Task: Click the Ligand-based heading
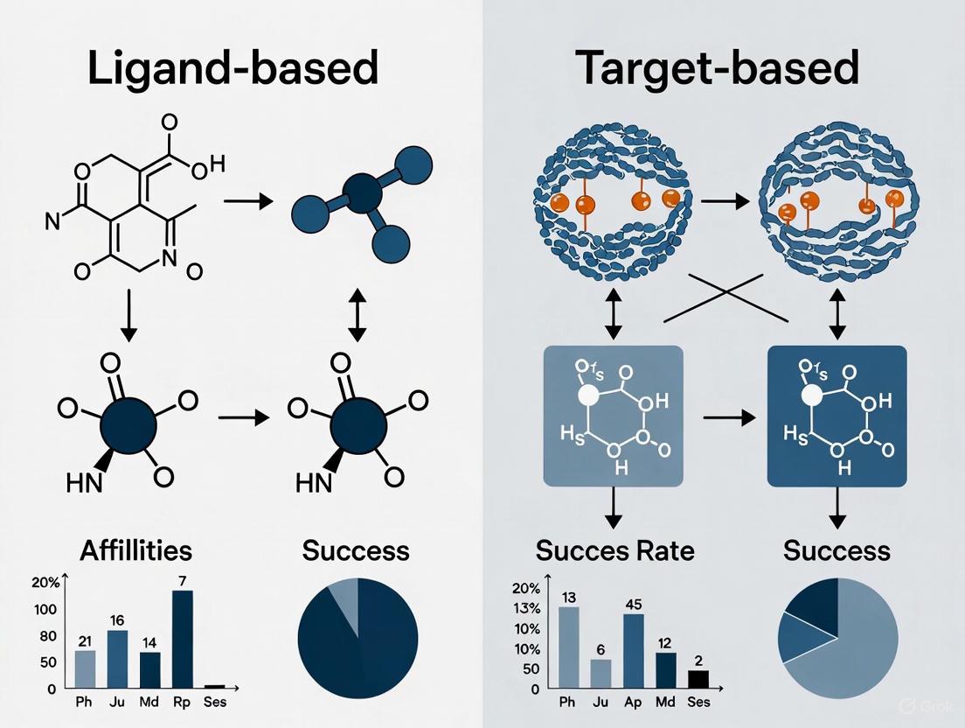[233, 67]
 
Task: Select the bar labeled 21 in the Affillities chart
[86, 668]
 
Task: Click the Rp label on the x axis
[182, 701]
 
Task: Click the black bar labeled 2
[698, 678]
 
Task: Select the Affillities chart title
[135, 550]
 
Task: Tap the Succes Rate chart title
[614, 550]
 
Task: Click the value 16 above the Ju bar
[118, 620]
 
